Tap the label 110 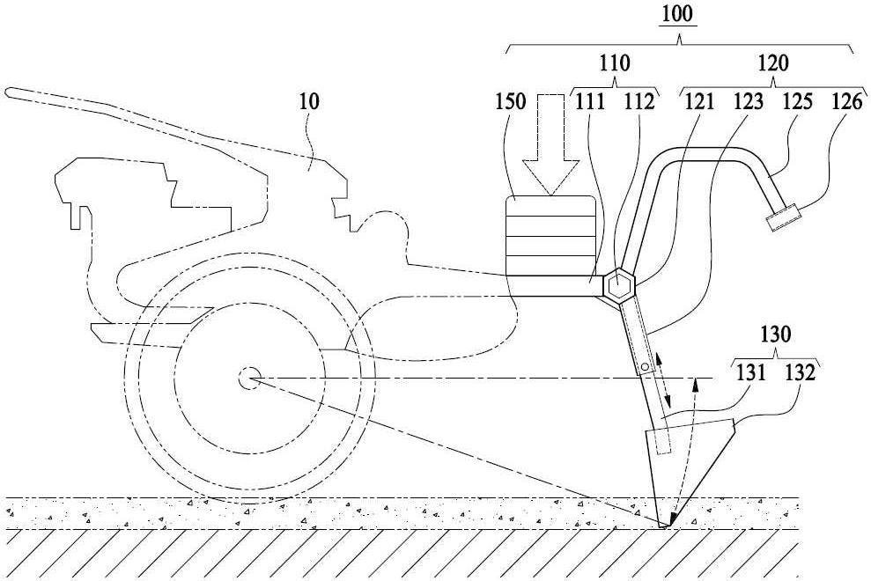[615, 63]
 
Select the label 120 [773, 63]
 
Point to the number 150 [510, 101]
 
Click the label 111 [589, 101]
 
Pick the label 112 [639, 101]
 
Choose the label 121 [699, 101]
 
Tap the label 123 [749, 101]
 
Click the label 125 [797, 101]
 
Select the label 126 [847, 101]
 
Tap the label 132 [800, 372]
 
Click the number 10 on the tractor [309, 101]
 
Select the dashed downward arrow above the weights [551, 144]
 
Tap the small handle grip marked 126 [781, 217]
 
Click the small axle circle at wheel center [247, 379]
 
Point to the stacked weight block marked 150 [550, 236]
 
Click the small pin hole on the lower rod [645, 367]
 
